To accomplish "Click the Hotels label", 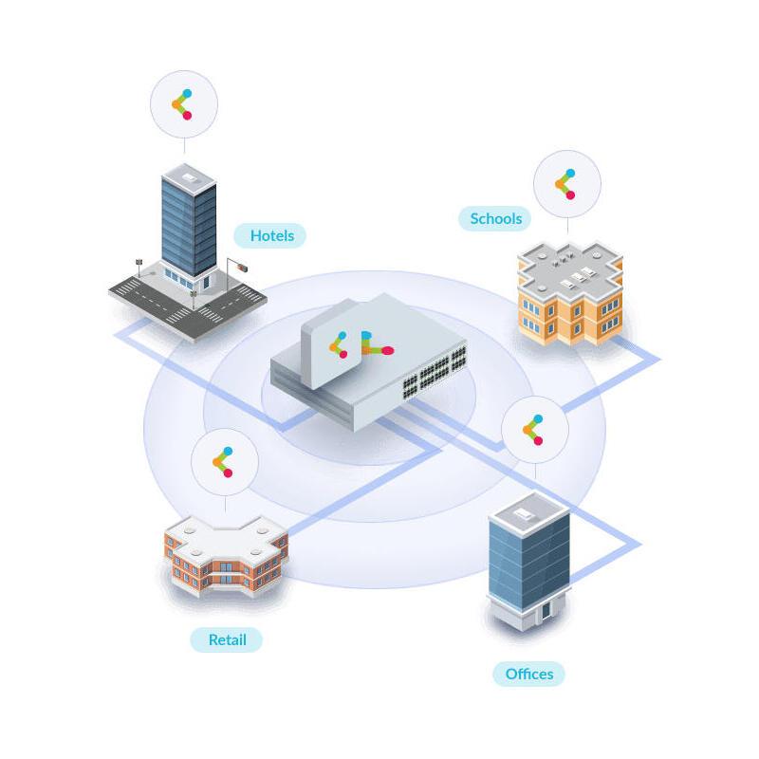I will tap(272, 235).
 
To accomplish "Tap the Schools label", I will tap(495, 219).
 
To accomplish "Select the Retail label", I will tap(227, 639).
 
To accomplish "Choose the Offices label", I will tap(528, 675).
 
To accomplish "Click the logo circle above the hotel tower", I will tap(184, 103).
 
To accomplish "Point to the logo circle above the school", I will tap(567, 183).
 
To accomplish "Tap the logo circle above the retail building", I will tap(225, 462).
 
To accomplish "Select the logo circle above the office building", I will tap(534, 430).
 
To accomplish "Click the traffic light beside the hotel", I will tap(243, 268).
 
